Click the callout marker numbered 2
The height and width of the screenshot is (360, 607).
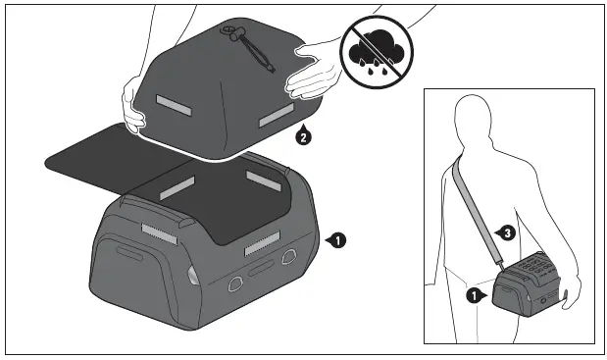(x=303, y=137)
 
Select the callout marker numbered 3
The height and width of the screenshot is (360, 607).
(x=505, y=232)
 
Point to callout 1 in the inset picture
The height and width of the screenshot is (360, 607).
(x=473, y=292)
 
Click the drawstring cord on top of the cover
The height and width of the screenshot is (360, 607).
(x=250, y=45)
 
